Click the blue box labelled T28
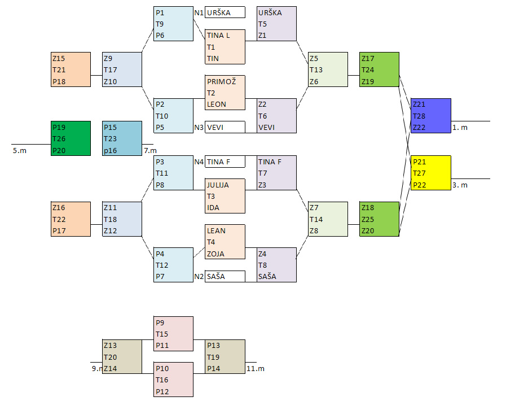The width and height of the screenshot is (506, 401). click(x=431, y=116)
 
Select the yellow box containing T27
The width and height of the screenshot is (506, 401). click(x=431, y=173)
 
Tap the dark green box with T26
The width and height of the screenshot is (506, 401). click(x=71, y=138)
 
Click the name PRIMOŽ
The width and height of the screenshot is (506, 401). click(x=221, y=81)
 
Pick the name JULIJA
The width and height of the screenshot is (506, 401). click(x=218, y=185)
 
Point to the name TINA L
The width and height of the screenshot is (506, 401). click(x=218, y=36)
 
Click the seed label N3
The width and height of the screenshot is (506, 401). click(x=199, y=127)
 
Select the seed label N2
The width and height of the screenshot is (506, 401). click(x=199, y=276)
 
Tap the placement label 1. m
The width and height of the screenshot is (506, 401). click(x=460, y=128)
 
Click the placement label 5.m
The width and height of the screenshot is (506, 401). click(x=19, y=151)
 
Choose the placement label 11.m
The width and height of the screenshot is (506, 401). click(x=256, y=368)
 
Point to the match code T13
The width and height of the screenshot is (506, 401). click(x=316, y=70)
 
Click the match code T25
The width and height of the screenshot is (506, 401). click(x=368, y=219)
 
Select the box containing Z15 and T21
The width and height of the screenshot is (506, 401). click(x=71, y=69)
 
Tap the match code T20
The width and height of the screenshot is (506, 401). click(x=110, y=356)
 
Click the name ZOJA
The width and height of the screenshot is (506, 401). click(x=215, y=254)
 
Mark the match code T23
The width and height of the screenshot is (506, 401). click(x=110, y=138)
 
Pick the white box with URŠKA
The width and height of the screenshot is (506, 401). click(x=225, y=12)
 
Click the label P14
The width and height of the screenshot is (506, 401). click(x=213, y=368)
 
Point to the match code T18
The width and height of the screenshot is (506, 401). click(x=111, y=219)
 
